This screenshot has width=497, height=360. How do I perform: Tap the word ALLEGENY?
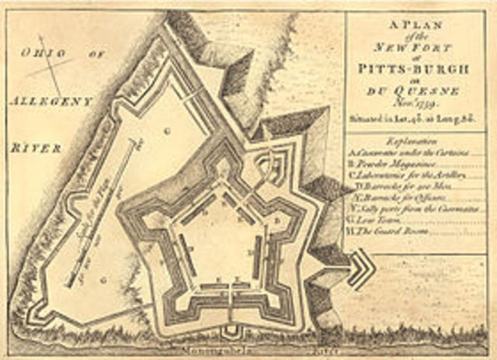click(x=51, y=101)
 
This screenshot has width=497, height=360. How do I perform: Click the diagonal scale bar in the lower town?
click(x=105, y=213)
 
